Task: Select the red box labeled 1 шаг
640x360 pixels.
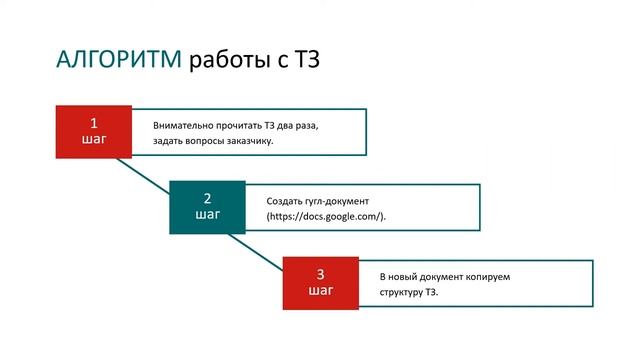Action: click(x=93, y=132)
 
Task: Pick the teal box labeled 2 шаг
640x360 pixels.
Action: click(x=207, y=207)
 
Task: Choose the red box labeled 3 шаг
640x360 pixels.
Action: click(x=320, y=283)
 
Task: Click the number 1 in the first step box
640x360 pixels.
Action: click(x=93, y=123)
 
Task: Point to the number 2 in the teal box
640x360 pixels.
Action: click(x=207, y=198)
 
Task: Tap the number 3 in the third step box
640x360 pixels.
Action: click(x=320, y=274)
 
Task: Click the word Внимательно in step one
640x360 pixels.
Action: click(x=182, y=126)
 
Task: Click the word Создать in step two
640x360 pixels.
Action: click(x=284, y=201)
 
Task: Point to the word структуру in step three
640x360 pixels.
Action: click(x=401, y=293)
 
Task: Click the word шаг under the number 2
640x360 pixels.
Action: click(x=207, y=215)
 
